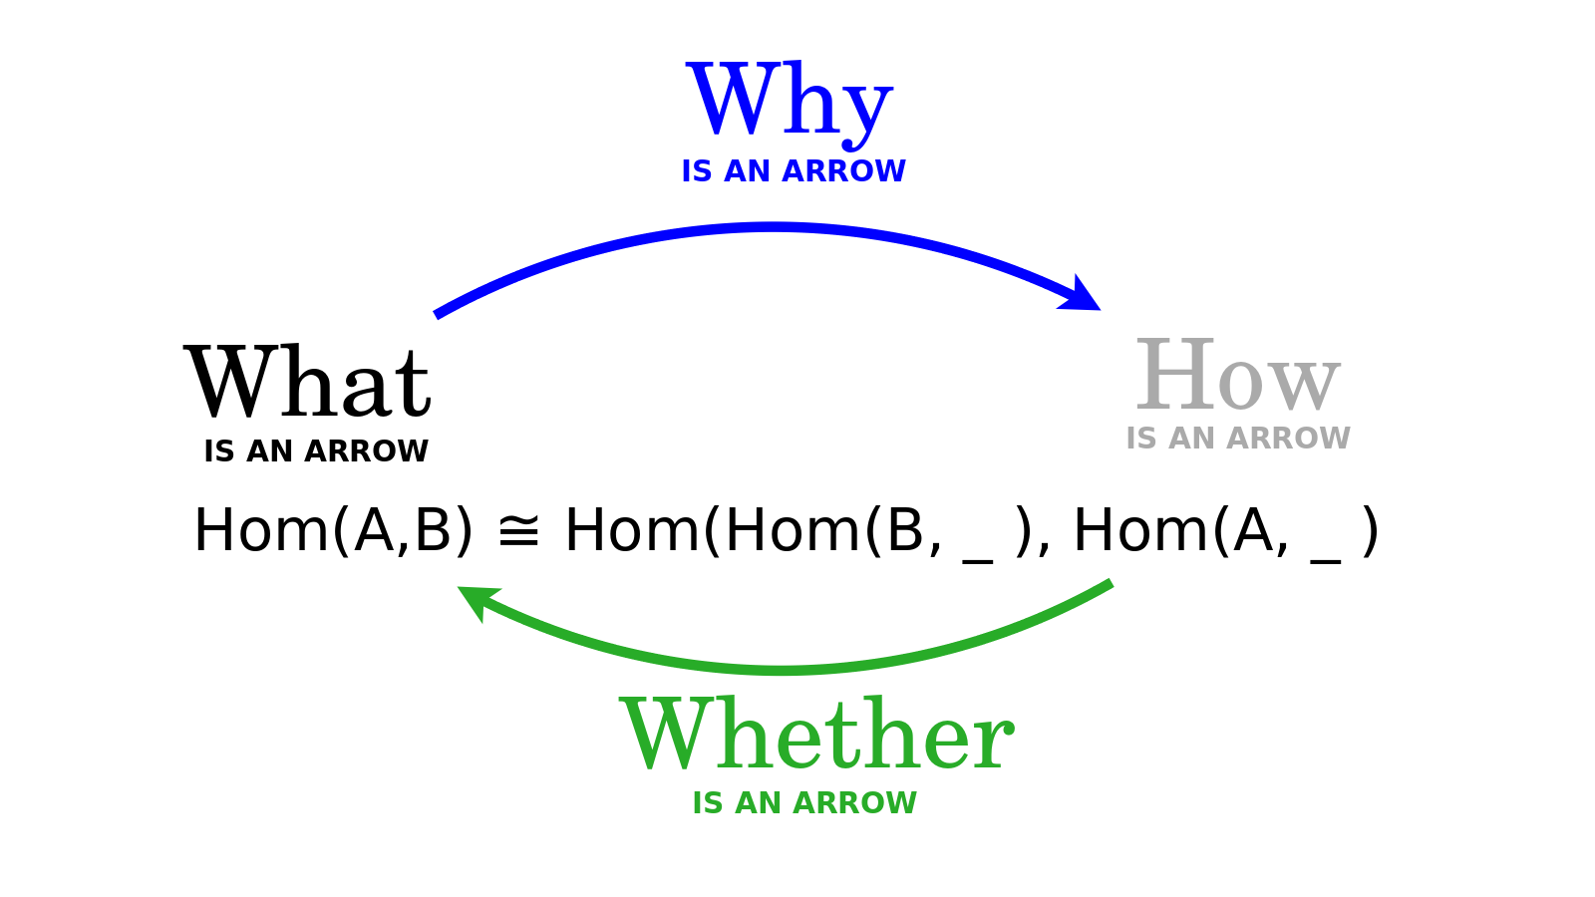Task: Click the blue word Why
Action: click(x=789, y=105)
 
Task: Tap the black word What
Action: click(x=308, y=381)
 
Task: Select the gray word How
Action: click(x=1238, y=375)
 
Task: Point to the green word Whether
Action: click(x=816, y=734)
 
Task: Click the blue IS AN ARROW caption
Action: click(x=794, y=171)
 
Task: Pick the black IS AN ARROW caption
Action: click(x=316, y=451)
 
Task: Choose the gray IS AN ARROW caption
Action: click(x=1237, y=439)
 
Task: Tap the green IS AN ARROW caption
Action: click(x=804, y=803)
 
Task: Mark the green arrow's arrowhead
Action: click(x=478, y=602)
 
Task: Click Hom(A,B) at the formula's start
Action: click(x=333, y=530)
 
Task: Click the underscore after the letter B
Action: click(x=978, y=561)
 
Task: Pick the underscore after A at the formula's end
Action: click(x=1325, y=561)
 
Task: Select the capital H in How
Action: click(x=1175, y=375)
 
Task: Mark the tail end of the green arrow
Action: click(x=1112, y=584)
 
